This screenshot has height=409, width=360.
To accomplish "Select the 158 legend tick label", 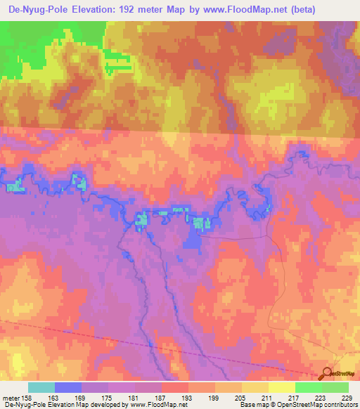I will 27,397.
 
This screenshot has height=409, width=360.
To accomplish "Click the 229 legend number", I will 345,397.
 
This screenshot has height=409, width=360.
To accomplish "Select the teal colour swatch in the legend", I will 41,387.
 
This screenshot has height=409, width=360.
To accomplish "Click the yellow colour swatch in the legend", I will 281,387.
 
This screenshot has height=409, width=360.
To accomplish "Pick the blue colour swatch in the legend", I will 68,387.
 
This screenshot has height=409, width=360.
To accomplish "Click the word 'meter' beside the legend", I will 10,397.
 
